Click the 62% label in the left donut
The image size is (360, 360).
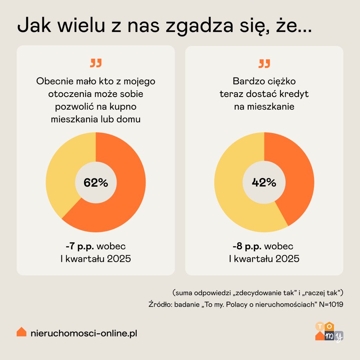(x=95, y=182)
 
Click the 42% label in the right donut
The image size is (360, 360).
(x=264, y=182)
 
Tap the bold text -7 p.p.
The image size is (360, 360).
(x=80, y=247)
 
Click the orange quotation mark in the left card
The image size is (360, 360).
(x=95, y=63)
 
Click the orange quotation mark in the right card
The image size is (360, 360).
(x=264, y=63)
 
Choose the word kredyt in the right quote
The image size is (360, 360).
(x=294, y=94)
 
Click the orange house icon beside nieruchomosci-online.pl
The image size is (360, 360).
(x=22, y=332)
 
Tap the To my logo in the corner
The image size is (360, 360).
(x=329, y=331)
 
